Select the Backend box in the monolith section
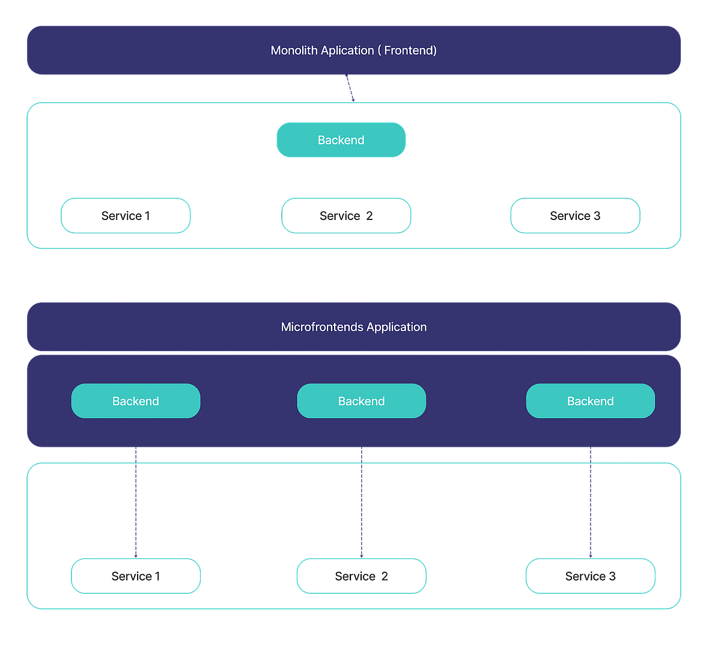pos(341,140)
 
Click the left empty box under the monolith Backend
pos(126,215)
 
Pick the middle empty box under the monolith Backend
pos(346,215)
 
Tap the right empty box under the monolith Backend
pos(575,215)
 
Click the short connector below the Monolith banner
pos(350,88)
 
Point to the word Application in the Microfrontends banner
pos(397,327)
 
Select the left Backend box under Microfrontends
pos(136,401)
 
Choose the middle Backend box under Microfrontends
pos(362,401)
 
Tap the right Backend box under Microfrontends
pos(591,401)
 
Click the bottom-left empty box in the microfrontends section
pos(136,576)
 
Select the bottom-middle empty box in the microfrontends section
pos(362,576)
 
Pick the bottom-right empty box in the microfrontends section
pos(591,576)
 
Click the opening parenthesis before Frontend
pos(380,50)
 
